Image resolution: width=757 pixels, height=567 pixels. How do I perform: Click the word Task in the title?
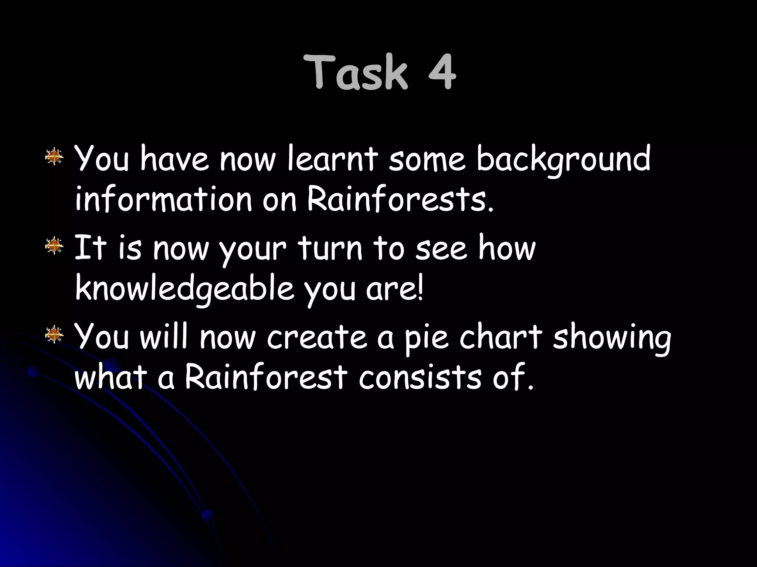[x=356, y=72]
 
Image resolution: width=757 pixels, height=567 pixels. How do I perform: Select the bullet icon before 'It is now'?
[x=54, y=245]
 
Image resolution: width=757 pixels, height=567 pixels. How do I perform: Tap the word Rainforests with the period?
[x=400, y=199]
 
